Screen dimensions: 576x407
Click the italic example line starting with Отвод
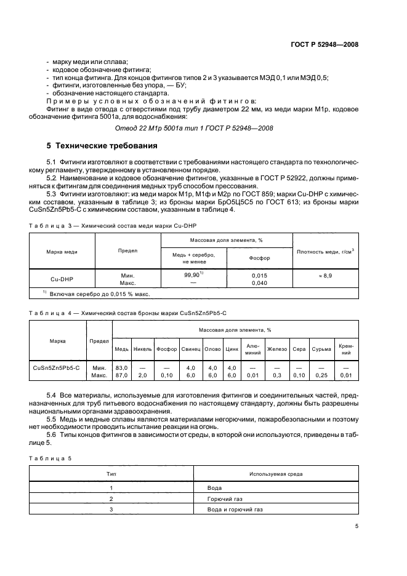[x=193, y=127]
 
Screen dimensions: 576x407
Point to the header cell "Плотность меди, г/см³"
[x=326, y=251]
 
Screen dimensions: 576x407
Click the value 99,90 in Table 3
[x=192, y=276]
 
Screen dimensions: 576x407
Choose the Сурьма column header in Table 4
[x=321, y=349]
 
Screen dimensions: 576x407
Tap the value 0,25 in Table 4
[x=321, y=375]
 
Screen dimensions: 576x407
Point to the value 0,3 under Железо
[x=277, y=375]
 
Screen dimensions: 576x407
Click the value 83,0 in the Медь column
[x=121, y=368]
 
